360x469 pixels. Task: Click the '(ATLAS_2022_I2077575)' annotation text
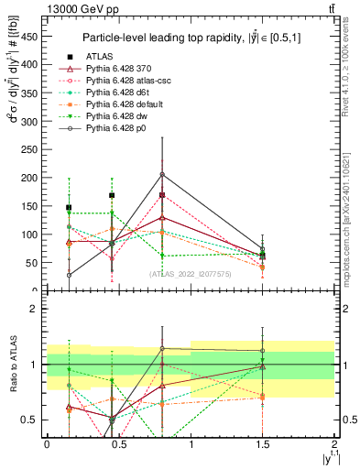(x=190, y=272)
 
